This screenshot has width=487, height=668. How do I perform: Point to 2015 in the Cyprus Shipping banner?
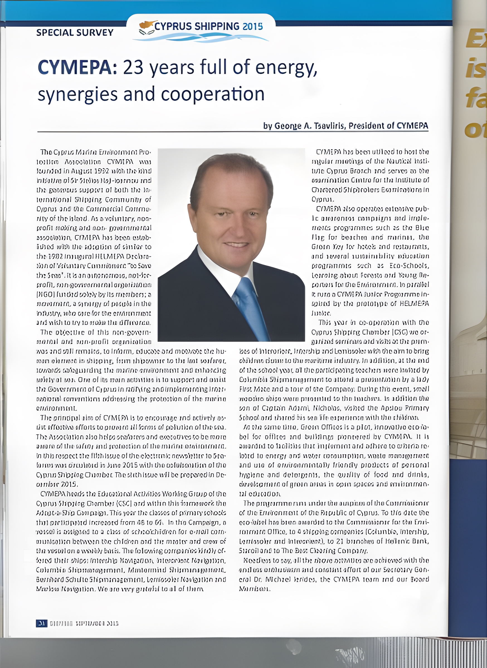(252, 26)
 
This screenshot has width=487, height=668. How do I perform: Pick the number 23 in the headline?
(133, 67)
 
